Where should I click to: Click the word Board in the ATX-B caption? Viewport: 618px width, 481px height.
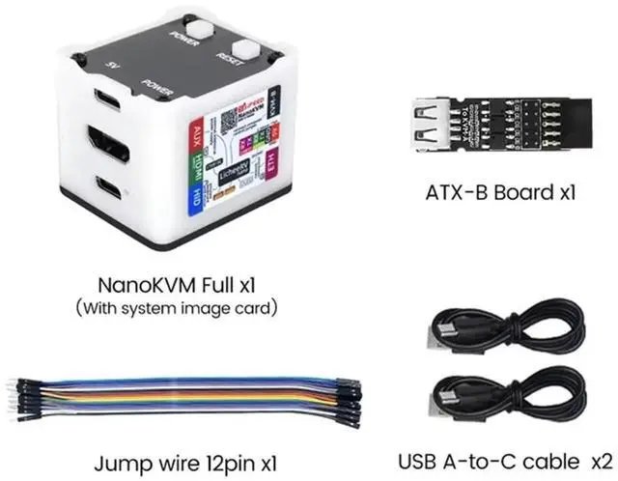pos(520,191)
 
